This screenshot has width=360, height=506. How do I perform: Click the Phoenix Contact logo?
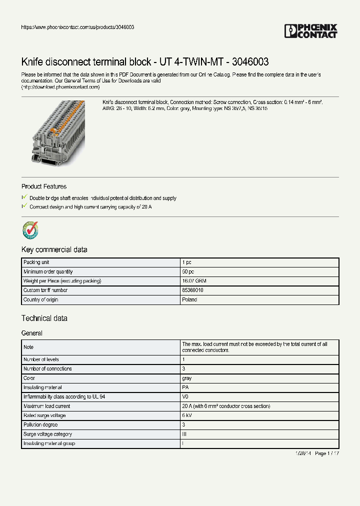click(310, 31)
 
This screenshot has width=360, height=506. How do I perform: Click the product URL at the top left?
click(77, 27)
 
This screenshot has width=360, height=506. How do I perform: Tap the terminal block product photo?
click(59, 132)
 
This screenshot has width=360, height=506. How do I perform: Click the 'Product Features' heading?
click(44, 186)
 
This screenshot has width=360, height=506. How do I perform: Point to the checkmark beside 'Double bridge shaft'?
click(24, 198)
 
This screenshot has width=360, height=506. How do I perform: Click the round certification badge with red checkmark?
click(30, 230)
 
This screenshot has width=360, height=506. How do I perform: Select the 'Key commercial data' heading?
click(54, 249)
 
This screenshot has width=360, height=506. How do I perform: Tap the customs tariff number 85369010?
click(192, 290)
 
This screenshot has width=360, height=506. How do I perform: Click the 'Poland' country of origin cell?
click(189, 299)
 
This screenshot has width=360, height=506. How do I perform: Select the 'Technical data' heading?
click(44, 318)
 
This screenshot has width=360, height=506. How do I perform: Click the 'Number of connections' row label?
click(47, 368)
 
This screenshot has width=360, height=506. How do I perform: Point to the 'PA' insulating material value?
click(185, 387)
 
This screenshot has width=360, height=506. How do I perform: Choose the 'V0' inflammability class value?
click(185, 397)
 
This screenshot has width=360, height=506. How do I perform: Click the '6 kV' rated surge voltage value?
click(187, 415)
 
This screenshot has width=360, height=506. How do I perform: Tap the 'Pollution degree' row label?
click(40, 425)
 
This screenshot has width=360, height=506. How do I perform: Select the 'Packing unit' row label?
click(36, 262)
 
